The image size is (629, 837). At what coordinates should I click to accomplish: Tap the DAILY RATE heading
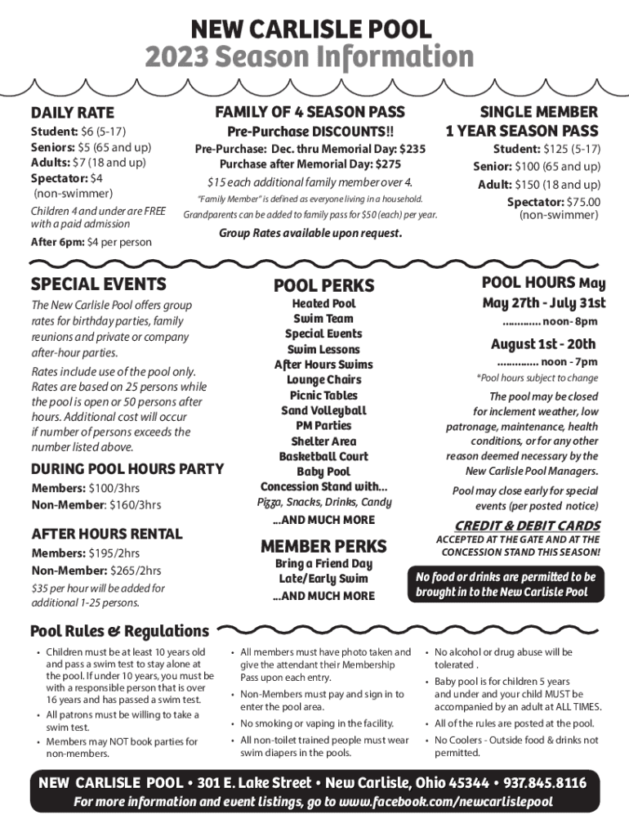72,112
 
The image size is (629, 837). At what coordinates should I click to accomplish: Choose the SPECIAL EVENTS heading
98,284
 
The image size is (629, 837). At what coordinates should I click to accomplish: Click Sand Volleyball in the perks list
323,410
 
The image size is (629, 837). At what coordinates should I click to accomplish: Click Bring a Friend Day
323,564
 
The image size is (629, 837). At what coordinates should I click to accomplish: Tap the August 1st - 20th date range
542,343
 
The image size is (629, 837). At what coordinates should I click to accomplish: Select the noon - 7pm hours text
569,361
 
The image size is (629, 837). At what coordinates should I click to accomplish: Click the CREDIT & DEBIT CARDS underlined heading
522,525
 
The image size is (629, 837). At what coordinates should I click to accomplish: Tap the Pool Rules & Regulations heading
119,631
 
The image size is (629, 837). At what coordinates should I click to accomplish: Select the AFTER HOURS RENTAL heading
106,534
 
